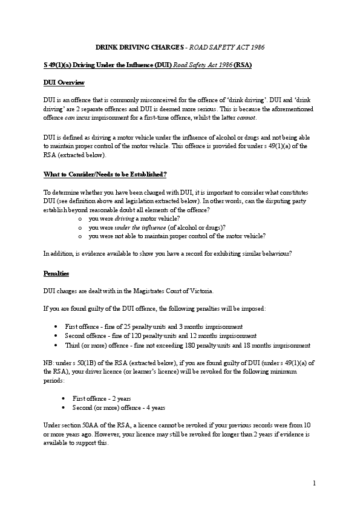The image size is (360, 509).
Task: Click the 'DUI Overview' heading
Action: click(x=64, y=82)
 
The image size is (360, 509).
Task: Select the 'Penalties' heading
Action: click(x=56, y=273)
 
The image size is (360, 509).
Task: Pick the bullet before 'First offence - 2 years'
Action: click(x=65, y=399)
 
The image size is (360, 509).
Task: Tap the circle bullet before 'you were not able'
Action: click(x=80, y=236)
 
